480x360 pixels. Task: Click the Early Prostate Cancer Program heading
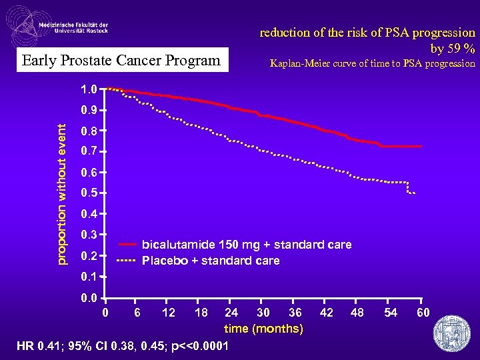[121, 61]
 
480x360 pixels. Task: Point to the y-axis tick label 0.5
[89, 193]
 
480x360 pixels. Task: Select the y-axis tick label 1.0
[89, 89]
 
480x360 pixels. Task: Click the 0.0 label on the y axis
[89, 298]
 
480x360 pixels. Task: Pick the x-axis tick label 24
[231, 313]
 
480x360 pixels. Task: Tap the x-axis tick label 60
[423, 313]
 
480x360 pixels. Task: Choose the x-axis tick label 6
[137, 313]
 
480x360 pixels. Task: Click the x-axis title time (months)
[263, 329]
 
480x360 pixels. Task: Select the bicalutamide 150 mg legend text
[247, 245]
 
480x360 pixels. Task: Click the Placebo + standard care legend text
[211, 260]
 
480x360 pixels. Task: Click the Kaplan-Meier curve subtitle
[372, 64]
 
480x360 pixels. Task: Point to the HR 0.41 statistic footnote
[123, 346]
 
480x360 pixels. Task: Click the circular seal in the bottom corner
[451, 331]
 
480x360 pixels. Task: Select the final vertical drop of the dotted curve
[408, 187]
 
